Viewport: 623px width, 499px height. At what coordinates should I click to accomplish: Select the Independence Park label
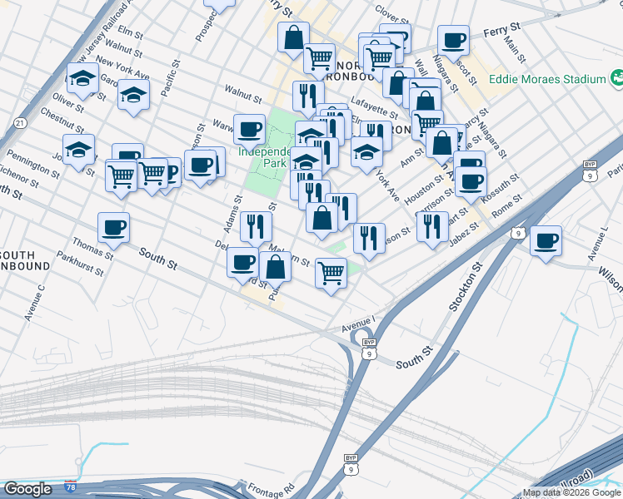coord(263,157)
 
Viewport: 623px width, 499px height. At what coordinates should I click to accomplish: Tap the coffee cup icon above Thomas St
coord(114,227)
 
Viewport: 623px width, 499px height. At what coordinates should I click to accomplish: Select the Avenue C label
coord(34,303)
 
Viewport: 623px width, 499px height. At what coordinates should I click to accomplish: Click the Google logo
coord(27,489)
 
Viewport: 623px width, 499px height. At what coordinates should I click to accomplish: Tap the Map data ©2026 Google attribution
coord(571,492)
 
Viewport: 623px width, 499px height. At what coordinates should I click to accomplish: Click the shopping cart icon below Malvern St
coord(331,272)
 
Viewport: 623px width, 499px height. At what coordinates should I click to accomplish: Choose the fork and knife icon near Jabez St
coord(431,226)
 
